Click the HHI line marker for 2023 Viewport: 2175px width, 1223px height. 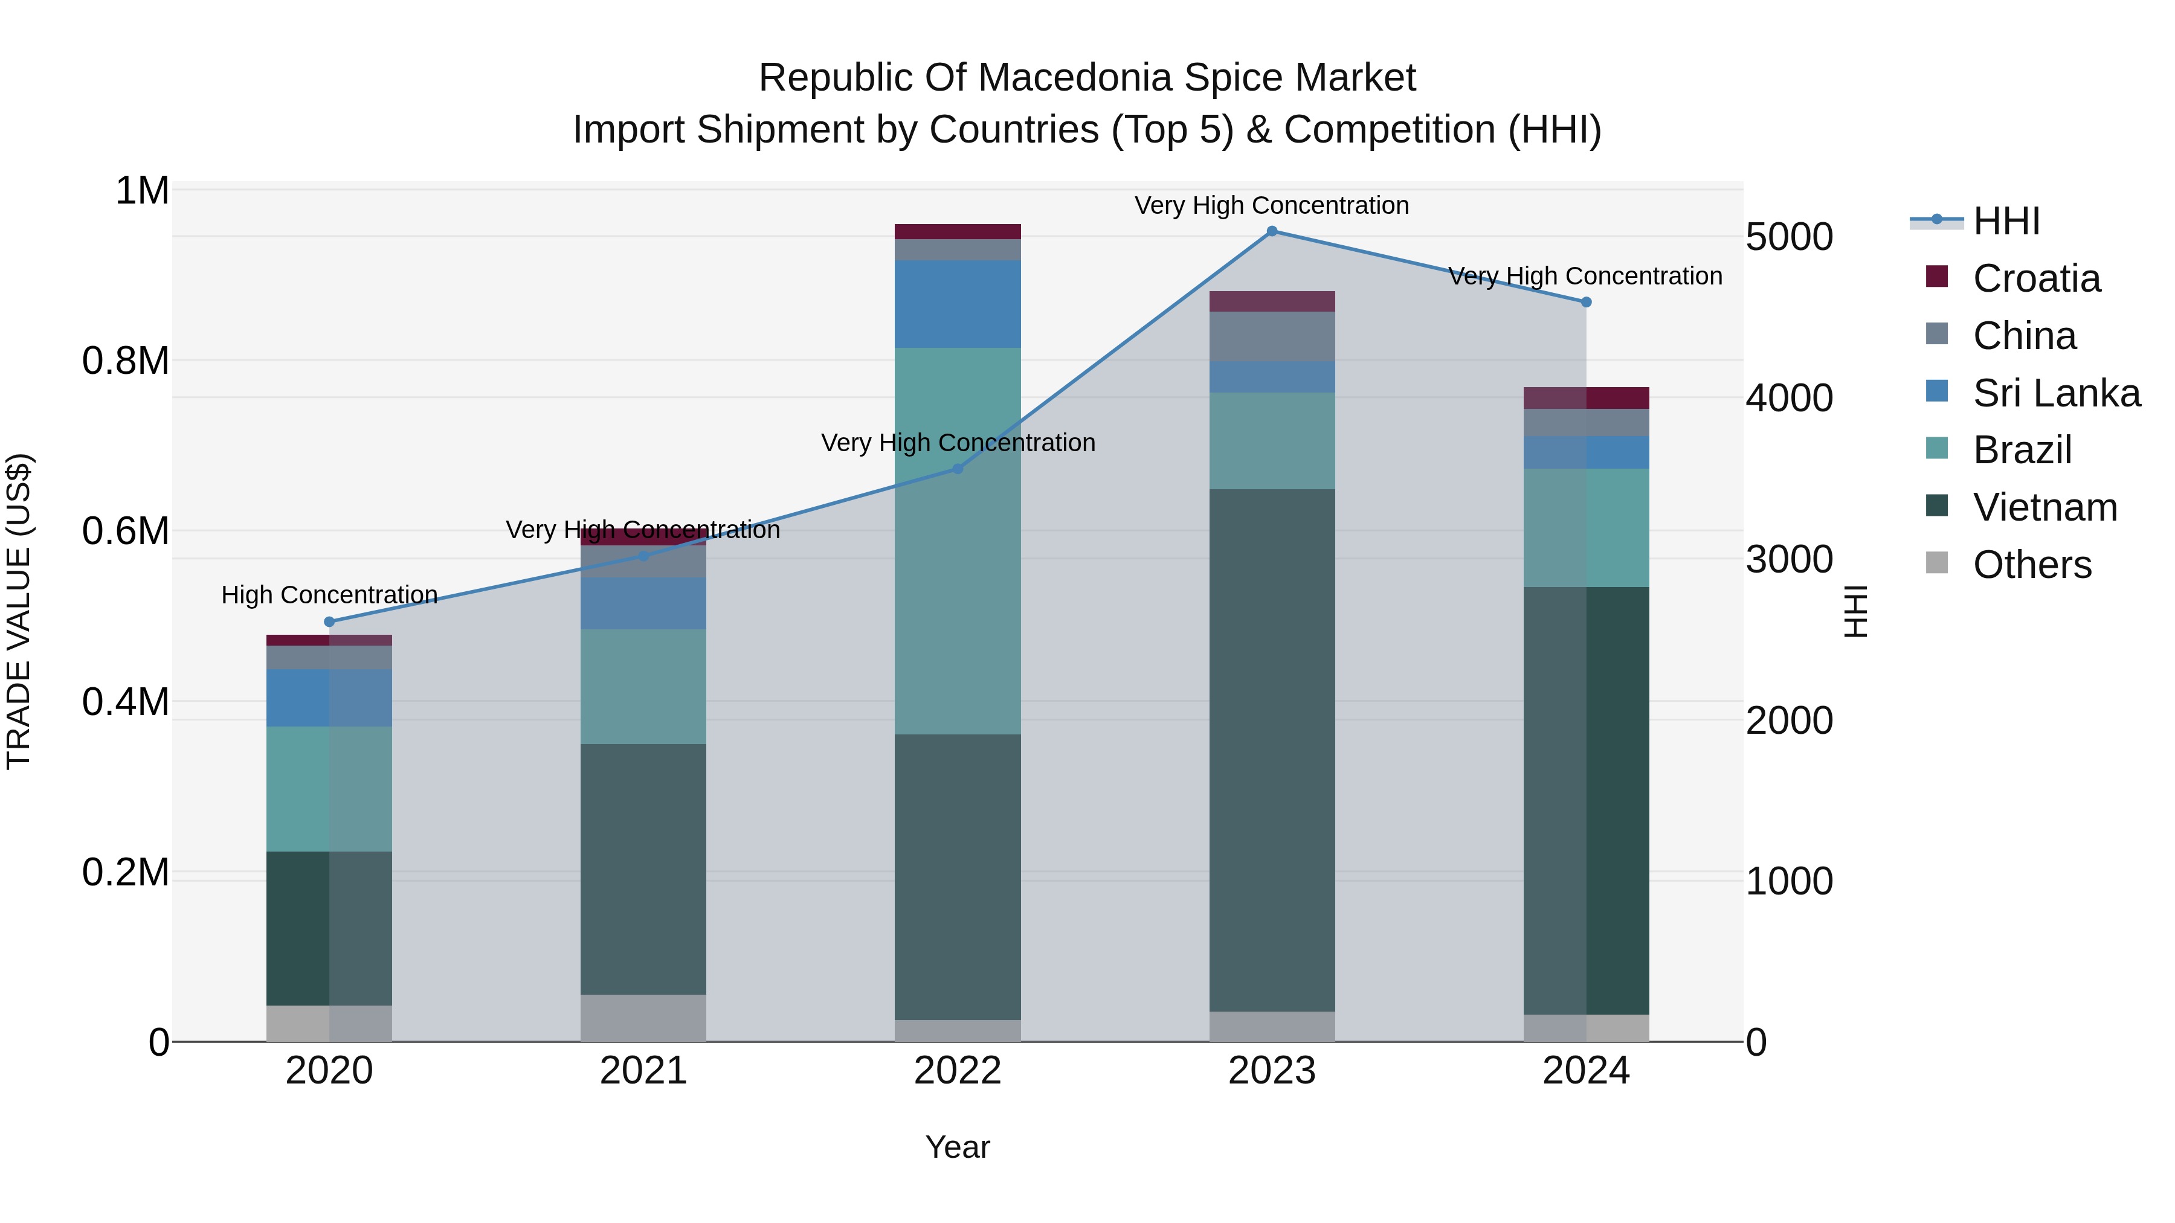click(1272, 231)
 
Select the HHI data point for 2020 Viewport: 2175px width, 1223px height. click(329, 622)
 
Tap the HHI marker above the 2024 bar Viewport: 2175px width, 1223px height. click(1586, 302)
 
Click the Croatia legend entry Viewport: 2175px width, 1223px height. click(2013, 278)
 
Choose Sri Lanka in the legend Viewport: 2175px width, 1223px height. click(2033, 393)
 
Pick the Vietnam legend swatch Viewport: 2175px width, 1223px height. click(1937, 506)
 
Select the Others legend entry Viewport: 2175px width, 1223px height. click(2009, 565)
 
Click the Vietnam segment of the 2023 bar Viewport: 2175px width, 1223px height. click(1272, 750)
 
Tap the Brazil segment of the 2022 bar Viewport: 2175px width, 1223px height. click(958, 541)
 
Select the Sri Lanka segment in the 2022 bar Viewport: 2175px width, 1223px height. click(958, 304)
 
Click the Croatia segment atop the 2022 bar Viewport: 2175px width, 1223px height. click(958, 232)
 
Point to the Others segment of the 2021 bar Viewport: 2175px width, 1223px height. click(643, 1018)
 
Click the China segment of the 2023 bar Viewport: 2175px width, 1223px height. click(1272, 337)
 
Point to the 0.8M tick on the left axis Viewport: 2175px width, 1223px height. click(126, 361)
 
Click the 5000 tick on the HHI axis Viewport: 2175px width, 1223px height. click(1789, 237)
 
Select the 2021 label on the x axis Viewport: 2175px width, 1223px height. click(643, 1071)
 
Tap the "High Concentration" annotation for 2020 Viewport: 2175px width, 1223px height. click(329, 595)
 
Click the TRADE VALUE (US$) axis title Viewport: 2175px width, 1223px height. click(19, 611)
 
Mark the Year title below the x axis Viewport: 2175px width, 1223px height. click(958, 1147)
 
